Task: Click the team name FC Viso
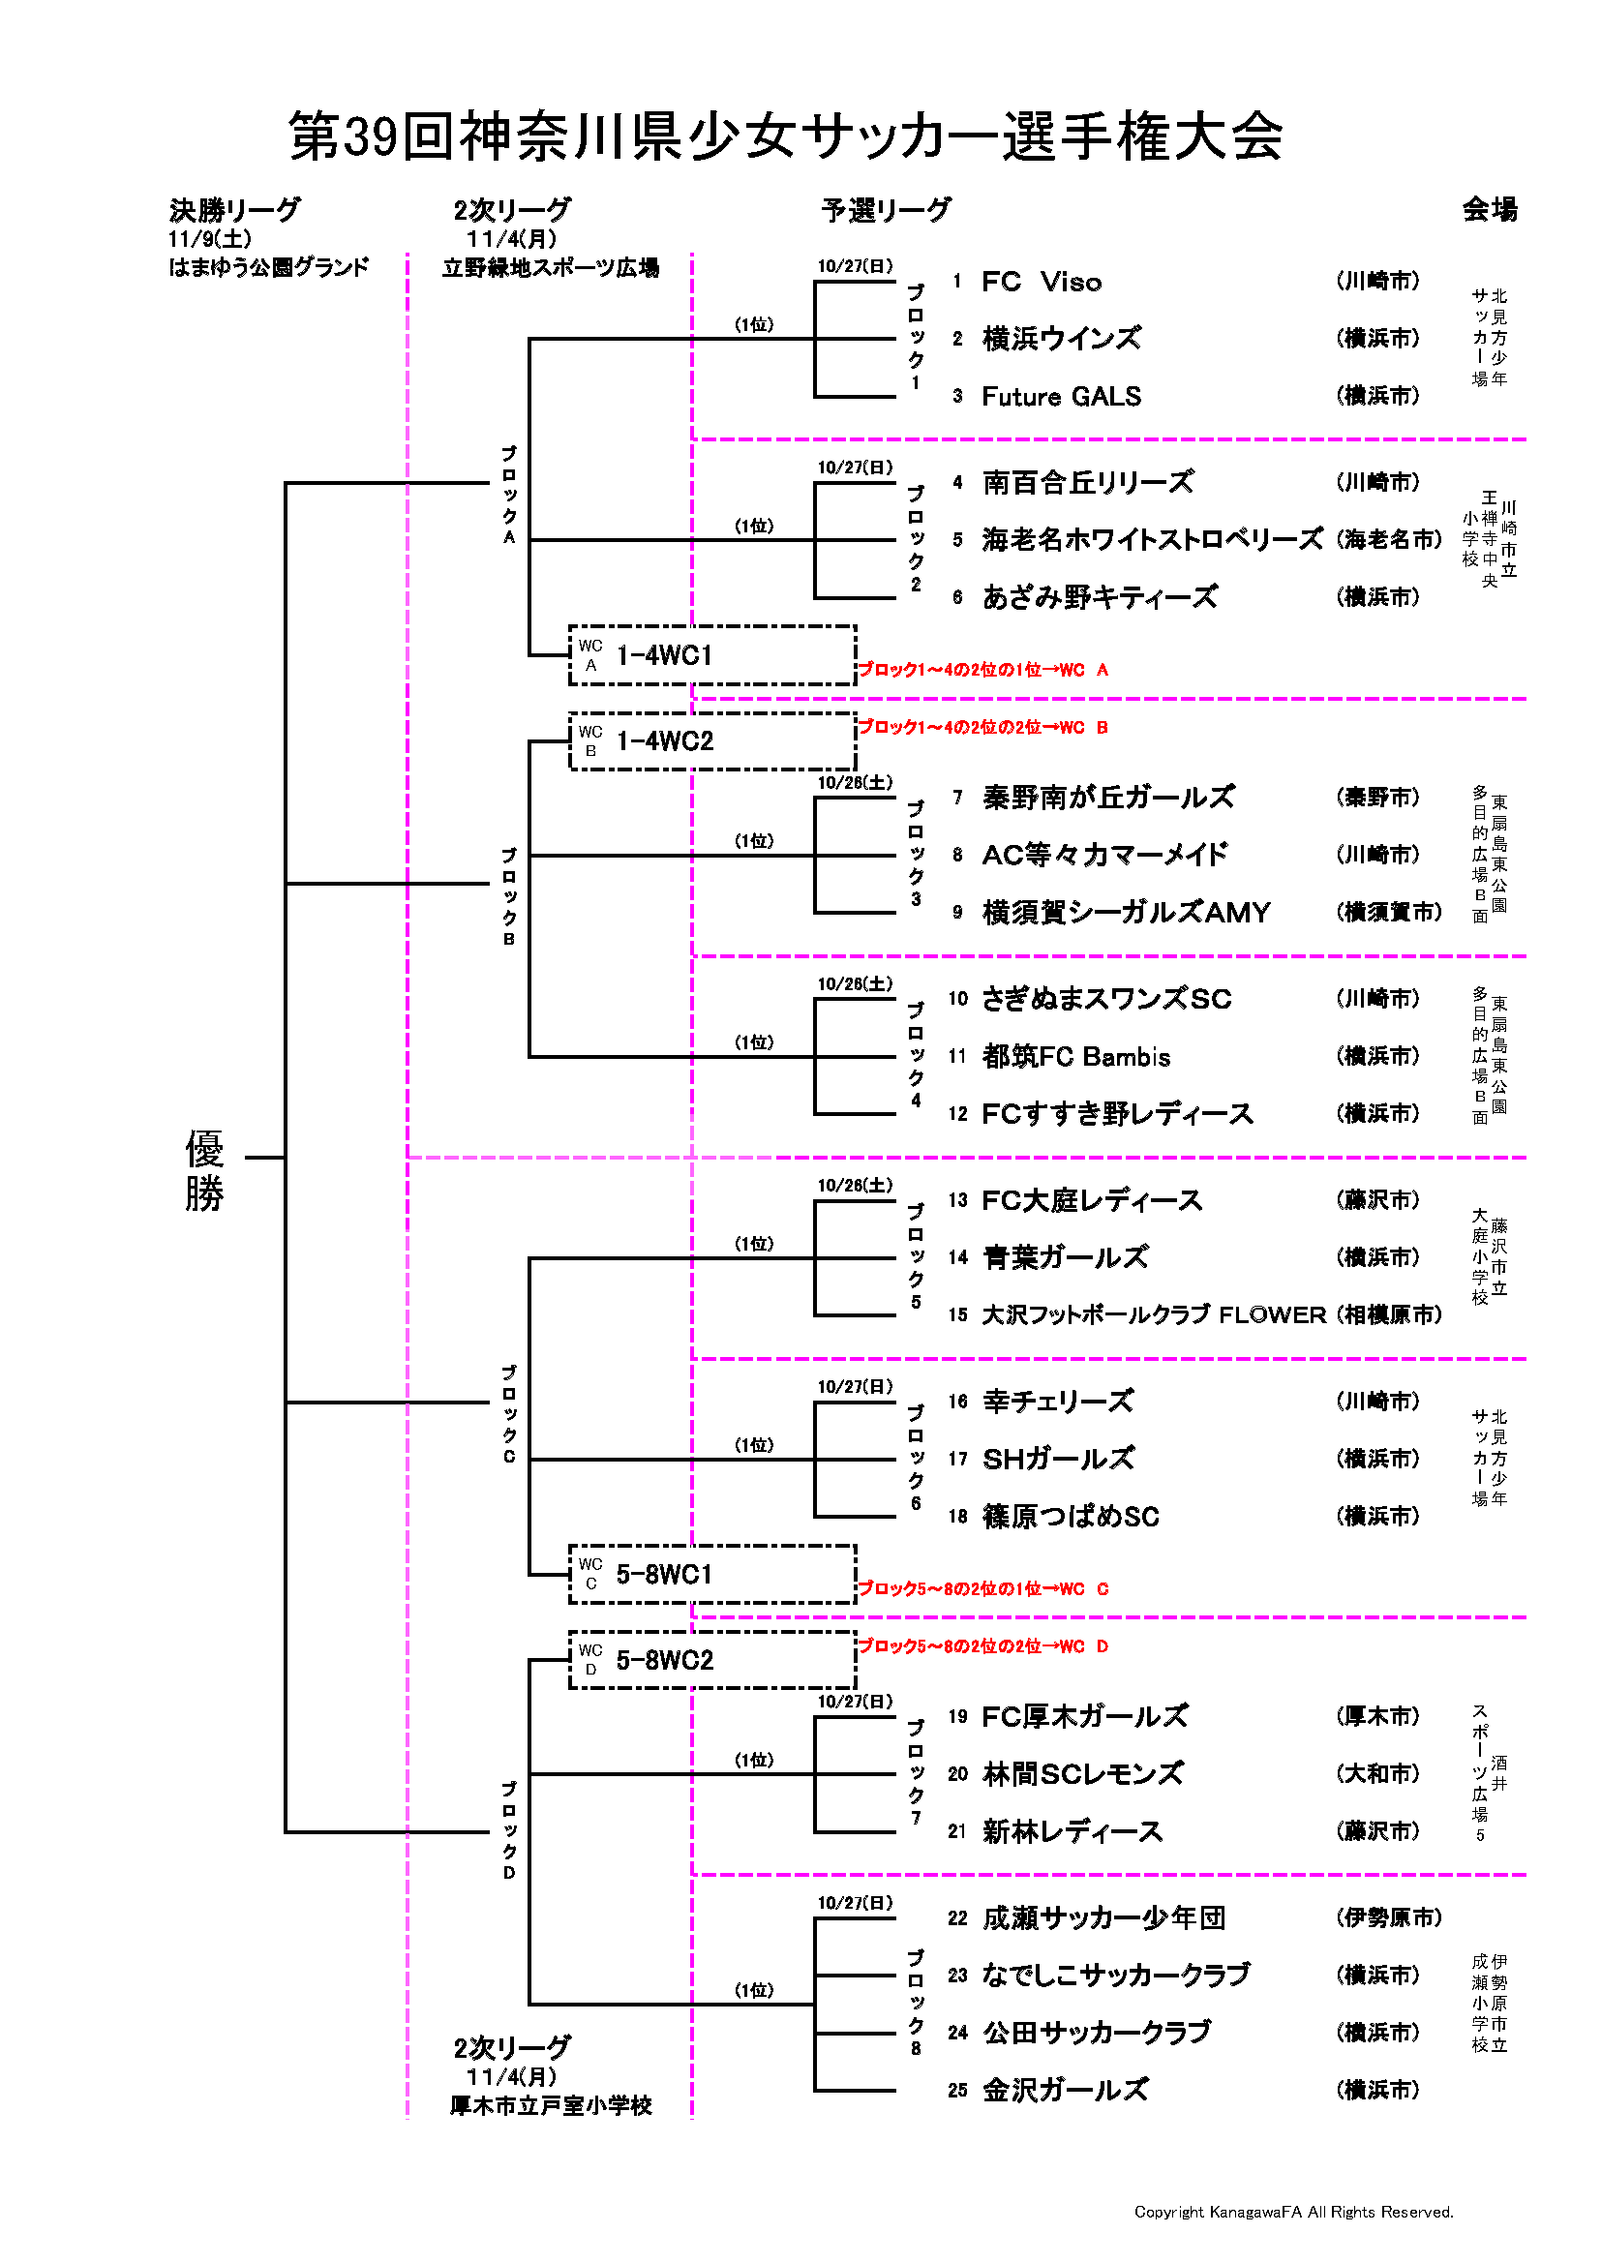coord(1042,282)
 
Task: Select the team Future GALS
coord(1061,396)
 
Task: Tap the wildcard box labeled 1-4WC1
coord(711,655)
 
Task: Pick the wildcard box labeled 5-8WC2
coord(711,1661)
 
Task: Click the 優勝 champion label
coord(204,1171)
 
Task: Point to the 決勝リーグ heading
coord(234,210)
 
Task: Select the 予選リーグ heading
coord(886,210)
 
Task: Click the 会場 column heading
coord(1489,209)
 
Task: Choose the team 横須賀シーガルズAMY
coord(1126,913)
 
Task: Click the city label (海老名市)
coord(1389,539)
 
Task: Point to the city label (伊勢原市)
coord(1389,1917)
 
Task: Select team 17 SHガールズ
coord(1058,1459)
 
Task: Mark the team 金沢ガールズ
coord(1065,2090)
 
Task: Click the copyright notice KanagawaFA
coord(1293,2212)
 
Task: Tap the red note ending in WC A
coord(982,670)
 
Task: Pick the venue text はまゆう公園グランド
coord(268,267)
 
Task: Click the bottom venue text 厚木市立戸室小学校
coord(551,2106)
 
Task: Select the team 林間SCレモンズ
coord(1082,1774)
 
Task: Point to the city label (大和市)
coord(1378,1773)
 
